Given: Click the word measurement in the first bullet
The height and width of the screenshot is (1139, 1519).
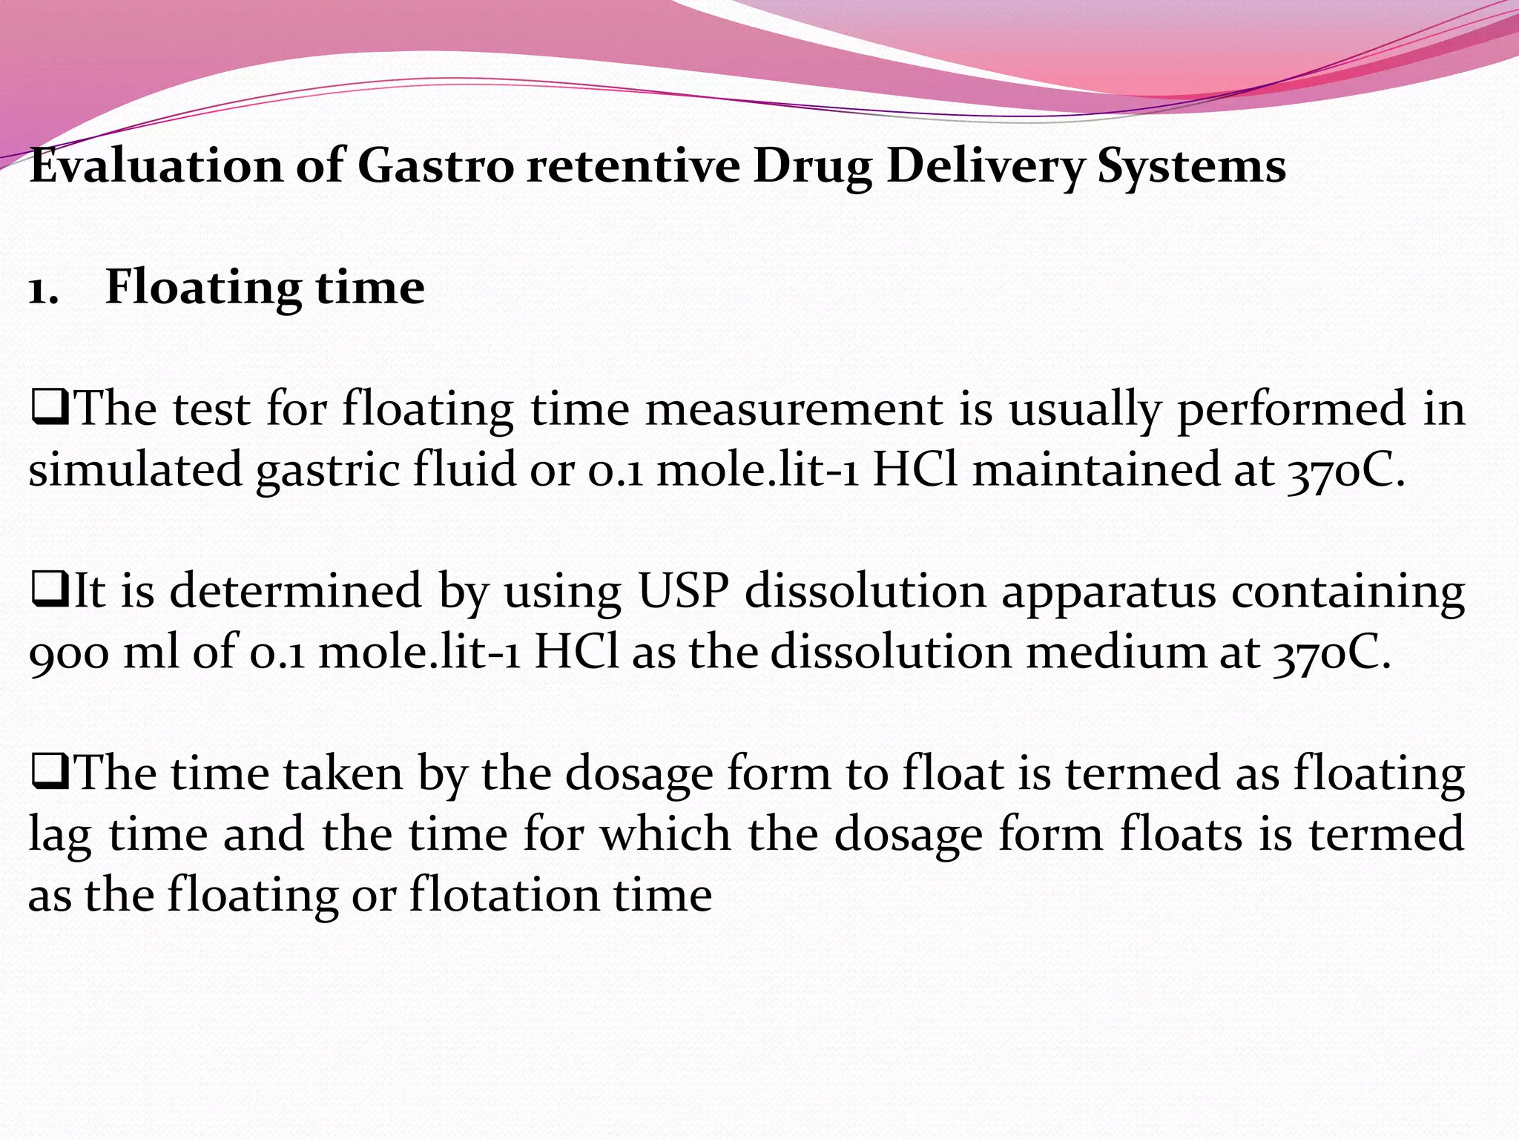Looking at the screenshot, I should point(794,409).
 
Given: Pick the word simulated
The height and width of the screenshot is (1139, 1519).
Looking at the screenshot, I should point(136,470).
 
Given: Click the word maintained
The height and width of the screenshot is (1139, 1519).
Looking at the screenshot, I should point(1096,470).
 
